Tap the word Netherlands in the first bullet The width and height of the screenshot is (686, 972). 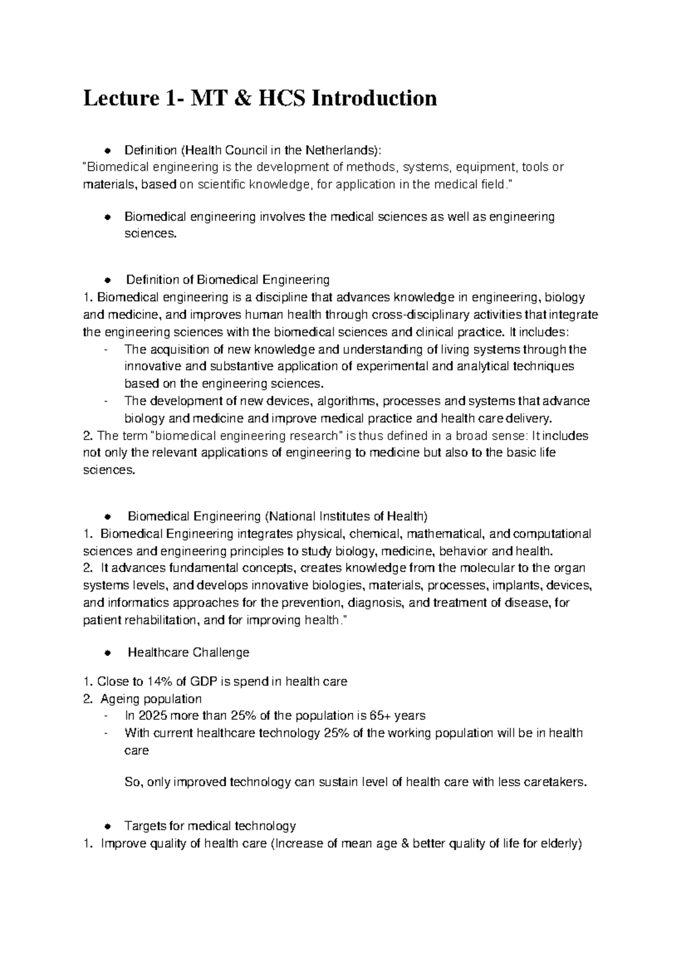[341, 150]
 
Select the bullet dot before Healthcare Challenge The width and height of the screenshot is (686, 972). [107, 653]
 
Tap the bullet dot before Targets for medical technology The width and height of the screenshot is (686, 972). [107, 826]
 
